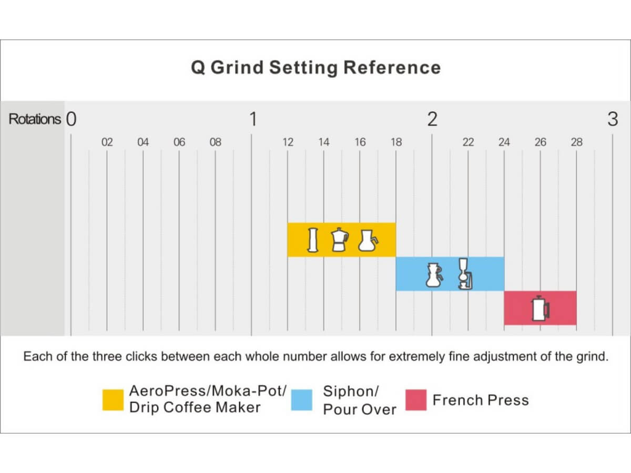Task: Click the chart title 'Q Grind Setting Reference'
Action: pos(315,68)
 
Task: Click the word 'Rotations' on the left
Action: pos(35,119)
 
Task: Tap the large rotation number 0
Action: pos(72,119)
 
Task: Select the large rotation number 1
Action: pos(252,119)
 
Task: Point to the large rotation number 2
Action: pos(432,119)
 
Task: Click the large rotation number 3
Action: pos(613,119)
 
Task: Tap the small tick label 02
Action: pos(107,142)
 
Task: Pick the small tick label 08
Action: pos(215,142)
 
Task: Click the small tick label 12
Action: pos(288,142)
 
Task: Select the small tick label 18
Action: pos(396,142)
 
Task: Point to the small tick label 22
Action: pos(468,142)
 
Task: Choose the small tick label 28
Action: pos(576,142)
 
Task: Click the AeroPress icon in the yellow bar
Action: pos(313,240)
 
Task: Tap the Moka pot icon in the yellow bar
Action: pos(340,240)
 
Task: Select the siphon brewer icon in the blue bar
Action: pos(463,274)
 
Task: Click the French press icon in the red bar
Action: pos(540,308)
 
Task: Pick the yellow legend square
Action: pos(113,400)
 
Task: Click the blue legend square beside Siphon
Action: pos(302,400)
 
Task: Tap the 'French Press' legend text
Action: pos(480,400)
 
